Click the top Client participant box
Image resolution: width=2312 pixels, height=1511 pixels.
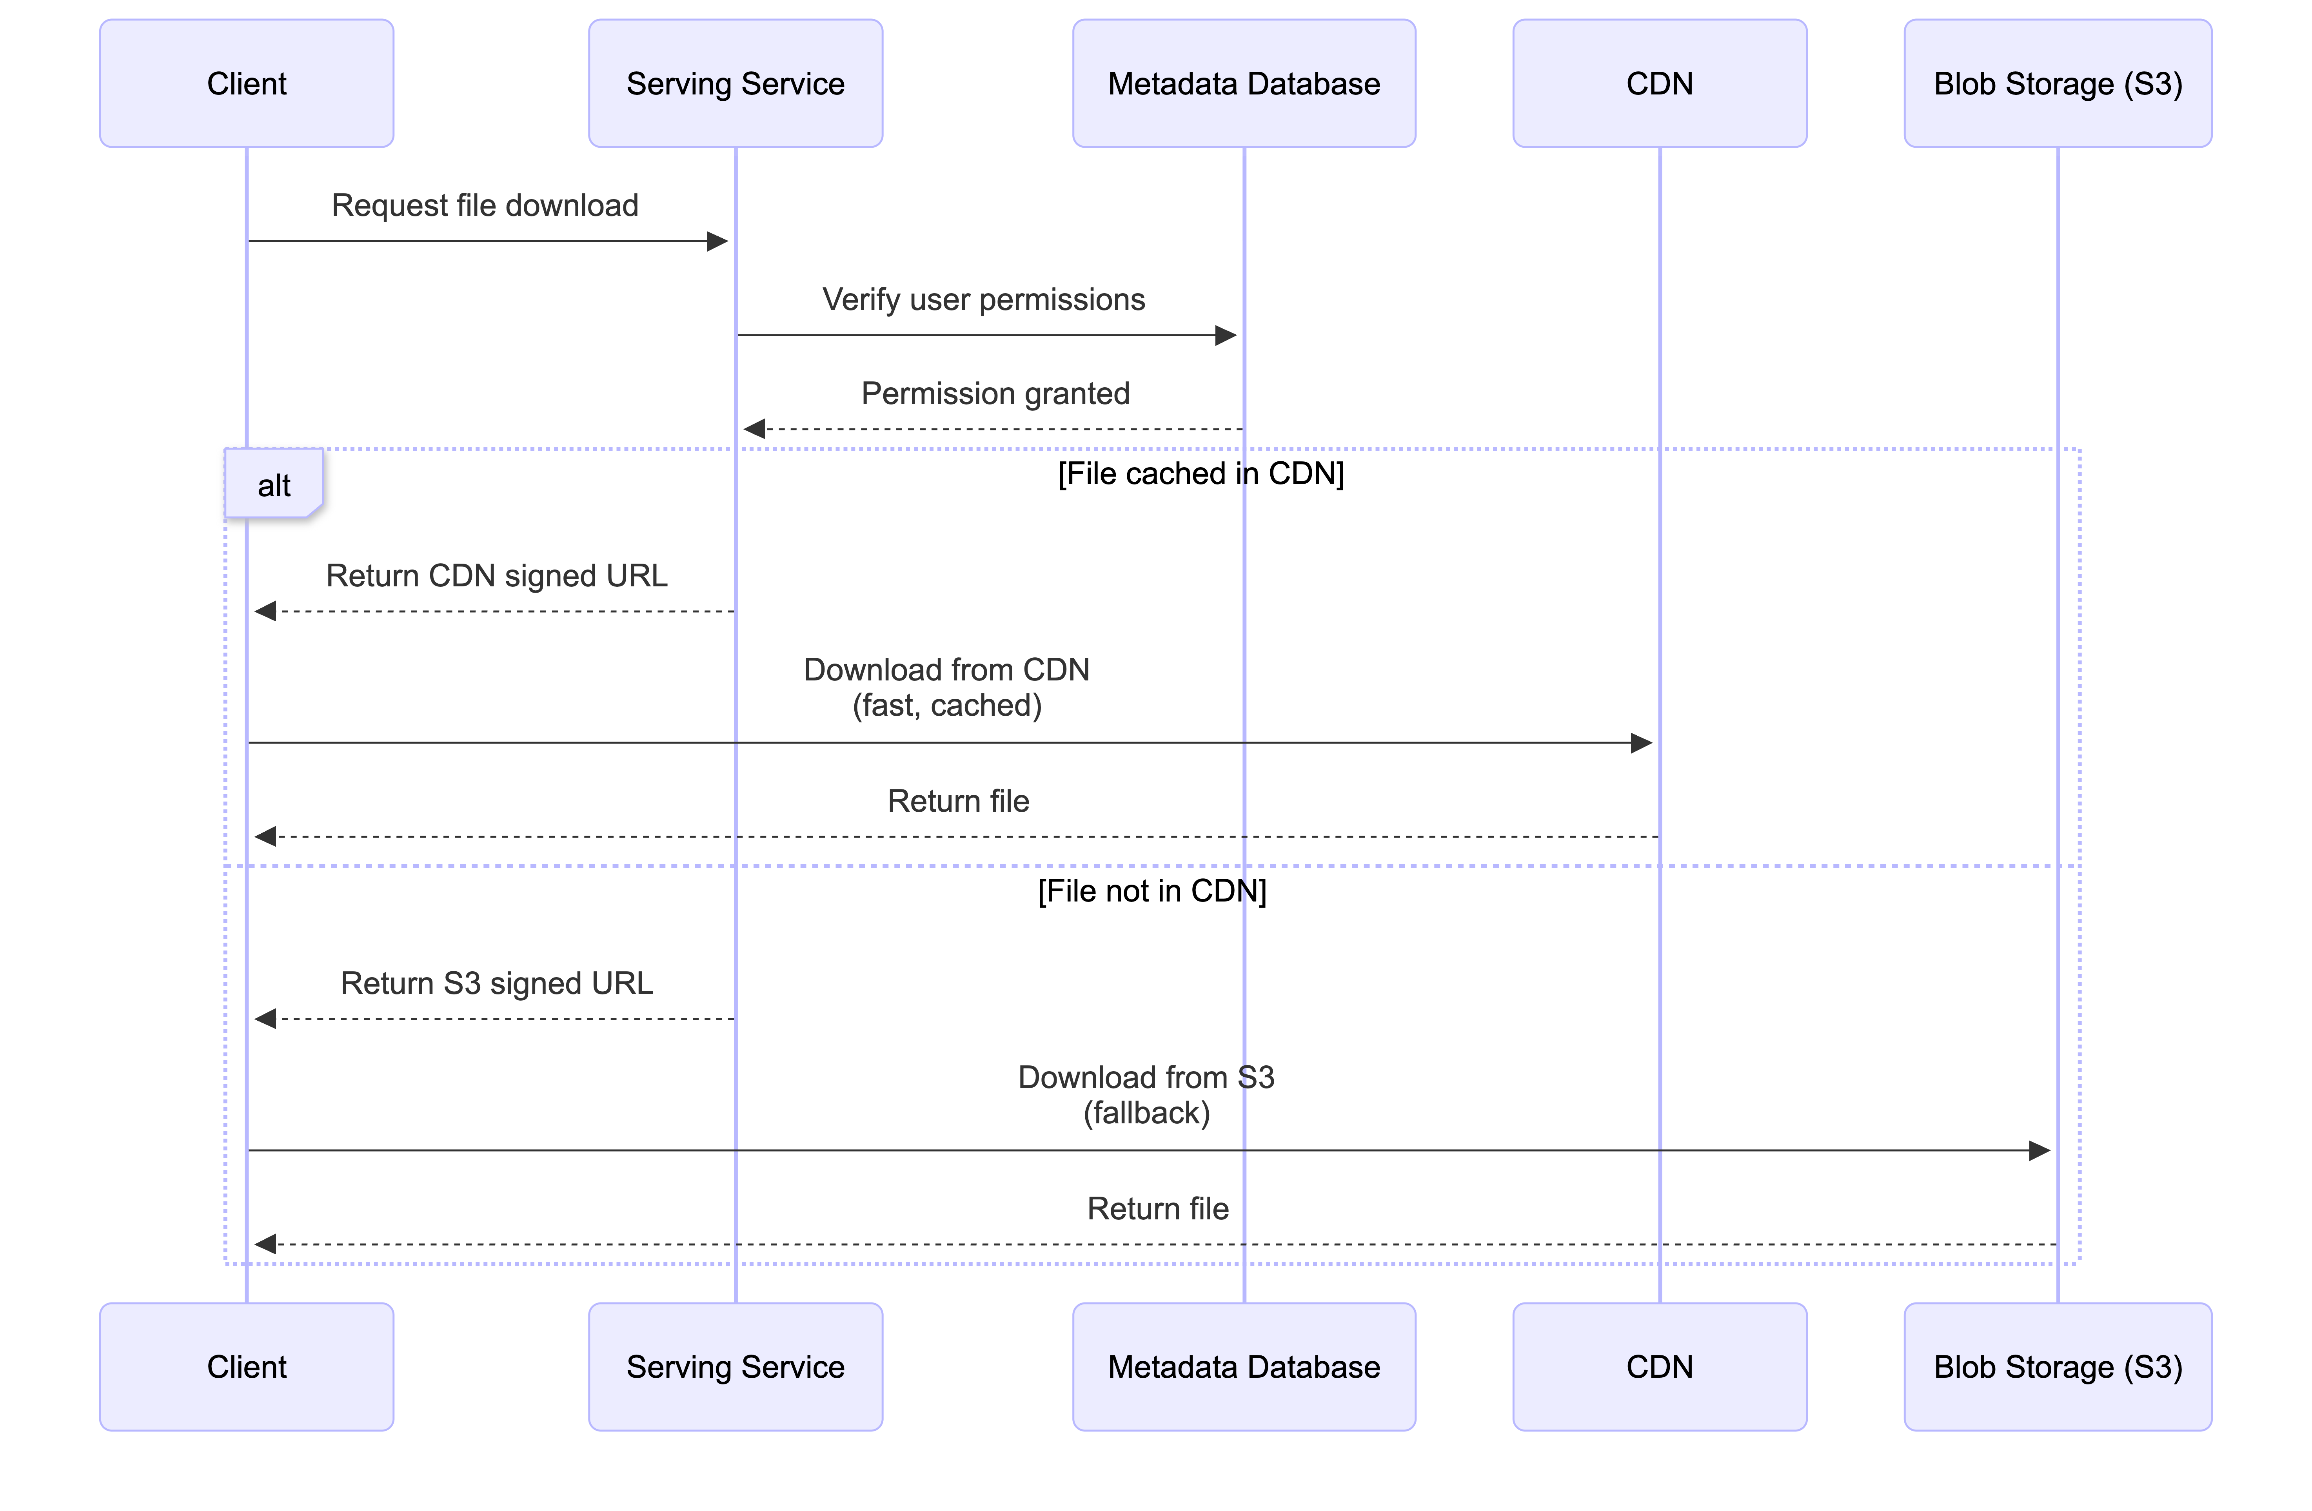pyautogui.click(x=247, y=83)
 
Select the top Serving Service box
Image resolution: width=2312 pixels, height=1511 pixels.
pyautogui.click(x=736, y=83)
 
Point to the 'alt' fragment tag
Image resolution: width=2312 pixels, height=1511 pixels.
pyautogui.click(x=274, y=484)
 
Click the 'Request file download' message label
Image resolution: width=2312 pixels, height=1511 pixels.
pyautogui.click(x=485, y=206)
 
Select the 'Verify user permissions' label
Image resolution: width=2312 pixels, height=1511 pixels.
pyautogui.click(x=983, y=300)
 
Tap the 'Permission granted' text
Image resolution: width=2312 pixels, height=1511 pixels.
pyautogui.click(x=995, y=393)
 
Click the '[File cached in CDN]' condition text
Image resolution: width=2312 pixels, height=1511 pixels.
pyautogui.click(x=1200, y=474)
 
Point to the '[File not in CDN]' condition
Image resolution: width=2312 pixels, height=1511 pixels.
pyautogui.click(x=1152, y=891)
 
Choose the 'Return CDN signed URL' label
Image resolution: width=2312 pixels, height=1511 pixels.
pyautogui.click(x=496, y=576)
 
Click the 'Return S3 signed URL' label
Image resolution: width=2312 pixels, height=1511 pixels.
pyautogui.click(x=496, y=984)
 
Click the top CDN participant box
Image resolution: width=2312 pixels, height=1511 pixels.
pyautogui.click(x=1659, y=83)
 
